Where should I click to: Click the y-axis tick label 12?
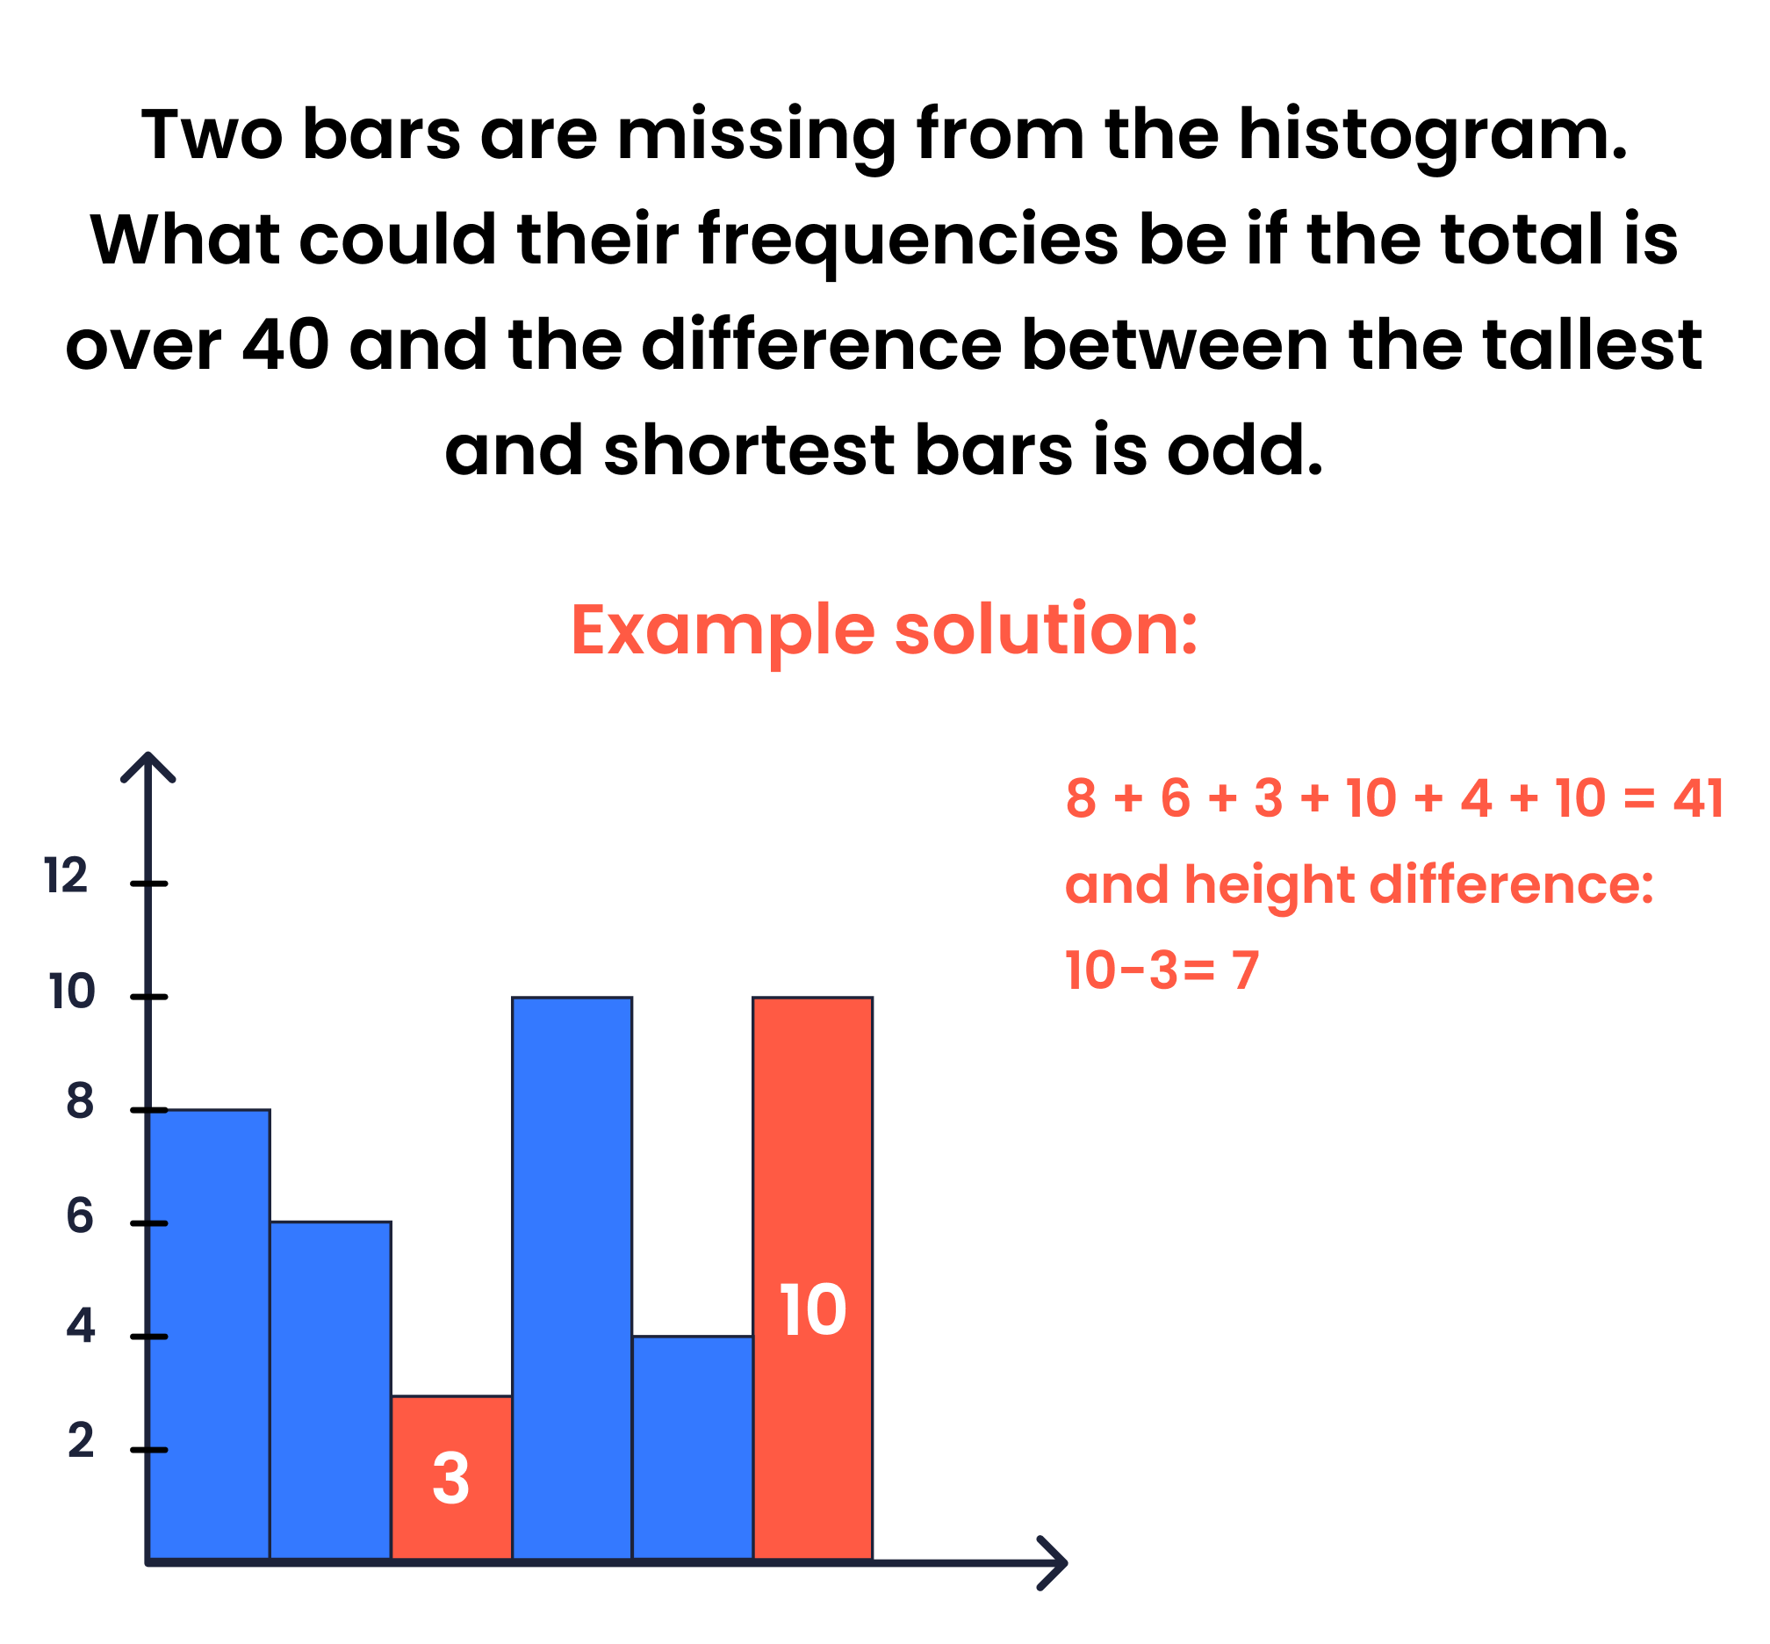point(66,876)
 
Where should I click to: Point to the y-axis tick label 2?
point(80,1440)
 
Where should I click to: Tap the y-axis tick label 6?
point(79,1216)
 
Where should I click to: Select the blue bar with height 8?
point(209,1334)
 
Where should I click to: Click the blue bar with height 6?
point(330,1390)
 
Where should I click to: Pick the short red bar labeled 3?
point(451,1477)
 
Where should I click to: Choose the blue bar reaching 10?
point(572,1279)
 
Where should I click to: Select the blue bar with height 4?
point(693,1447)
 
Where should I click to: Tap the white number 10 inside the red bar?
point(812,1309)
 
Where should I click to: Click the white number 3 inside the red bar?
point(450,1479)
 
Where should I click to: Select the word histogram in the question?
point(1432,136)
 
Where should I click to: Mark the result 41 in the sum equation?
point(1698,798)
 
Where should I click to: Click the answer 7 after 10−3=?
point(1246,970)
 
